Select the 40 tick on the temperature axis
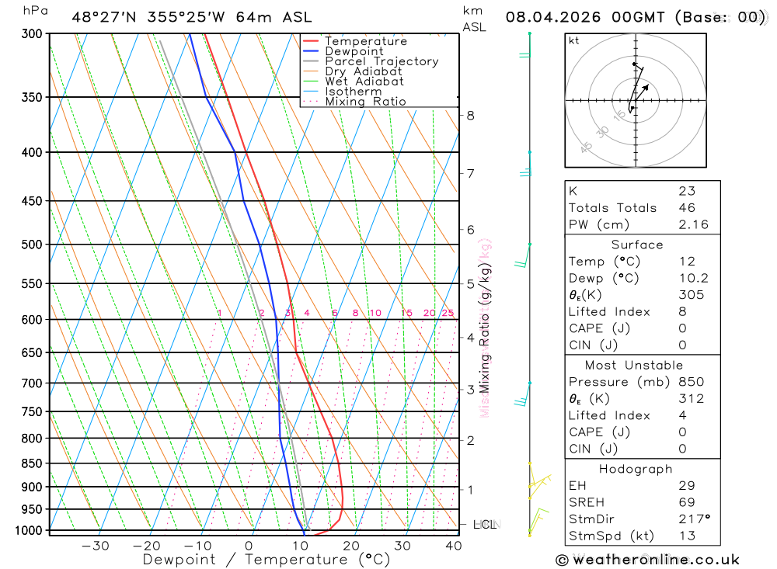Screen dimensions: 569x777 (453, 546)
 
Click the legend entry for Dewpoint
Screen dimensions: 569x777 (354, 51)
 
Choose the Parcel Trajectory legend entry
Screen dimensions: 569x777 (382, 61)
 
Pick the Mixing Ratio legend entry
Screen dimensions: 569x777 (365, 102)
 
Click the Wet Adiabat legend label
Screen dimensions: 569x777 (364, 82)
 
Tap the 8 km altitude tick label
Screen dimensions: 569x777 (470, 116)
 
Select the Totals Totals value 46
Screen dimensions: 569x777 (687, 208)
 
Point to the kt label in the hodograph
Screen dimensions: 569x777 (574, 40)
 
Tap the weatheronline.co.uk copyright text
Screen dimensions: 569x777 (648, 560)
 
